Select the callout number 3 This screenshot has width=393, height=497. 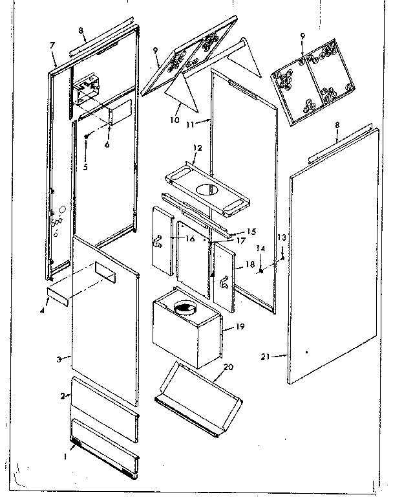(58, 359)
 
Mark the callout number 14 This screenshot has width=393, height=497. (259, 248)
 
